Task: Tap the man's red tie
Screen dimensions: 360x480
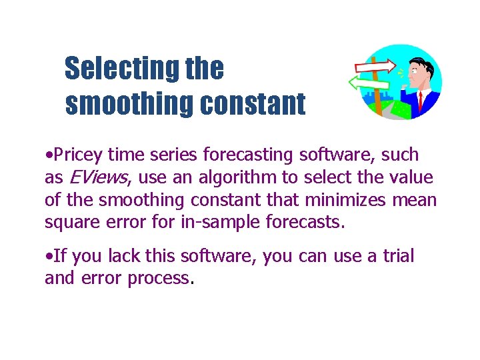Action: click(x=420, y=101)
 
